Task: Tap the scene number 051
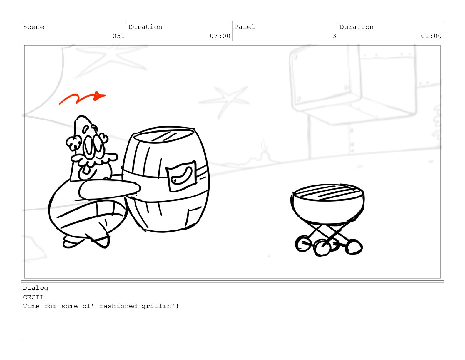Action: [118, 36]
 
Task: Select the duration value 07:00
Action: [220, 36]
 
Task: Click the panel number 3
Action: [334, 36]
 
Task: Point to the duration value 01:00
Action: [431, 36]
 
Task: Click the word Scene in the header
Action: [34, 27]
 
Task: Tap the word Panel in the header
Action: [244, 27]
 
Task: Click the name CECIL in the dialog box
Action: [34, 297]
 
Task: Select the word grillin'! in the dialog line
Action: [160, 306]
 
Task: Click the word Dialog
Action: [36, 288]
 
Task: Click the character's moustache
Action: [94, 159]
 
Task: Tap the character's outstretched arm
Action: [109, 189]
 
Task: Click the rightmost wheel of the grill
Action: [354, 247]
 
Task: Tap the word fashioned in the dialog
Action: [118, 306]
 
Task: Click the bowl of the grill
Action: [328, 211]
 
